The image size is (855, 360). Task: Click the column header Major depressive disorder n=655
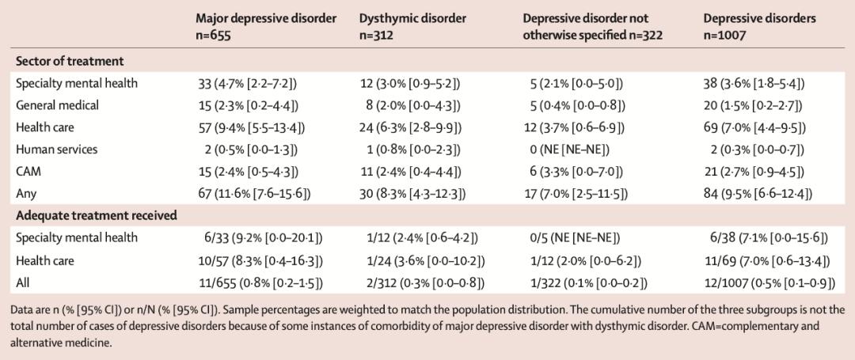267,25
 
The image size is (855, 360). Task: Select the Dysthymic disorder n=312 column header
412,25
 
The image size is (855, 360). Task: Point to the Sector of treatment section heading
70,61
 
